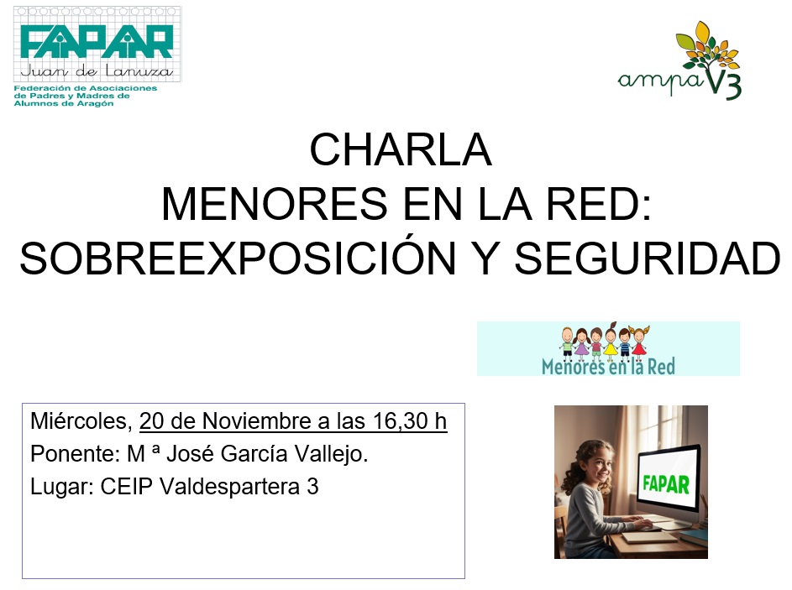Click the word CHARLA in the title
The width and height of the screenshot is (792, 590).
point(401,150)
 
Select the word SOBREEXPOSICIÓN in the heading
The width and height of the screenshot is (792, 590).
point(238,258)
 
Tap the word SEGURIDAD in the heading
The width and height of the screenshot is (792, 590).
point(648,259)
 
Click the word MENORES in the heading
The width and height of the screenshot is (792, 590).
point(275,204)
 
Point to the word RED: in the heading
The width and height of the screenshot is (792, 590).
point(600,204)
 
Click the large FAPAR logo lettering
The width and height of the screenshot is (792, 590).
point(97,42)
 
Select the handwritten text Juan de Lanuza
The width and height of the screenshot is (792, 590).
point(97,71)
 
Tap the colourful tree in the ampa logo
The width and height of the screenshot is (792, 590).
point(707,47)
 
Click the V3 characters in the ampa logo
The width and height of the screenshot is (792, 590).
point(723,84)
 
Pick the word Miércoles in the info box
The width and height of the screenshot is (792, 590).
point(81,421)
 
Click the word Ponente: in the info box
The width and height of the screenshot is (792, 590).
point(74,454)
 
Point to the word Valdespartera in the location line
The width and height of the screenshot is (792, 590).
point(230,487)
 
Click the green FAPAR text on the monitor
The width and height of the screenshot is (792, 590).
point(666,484)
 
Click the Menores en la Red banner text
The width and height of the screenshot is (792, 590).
point(608,367)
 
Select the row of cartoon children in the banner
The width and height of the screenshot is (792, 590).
point(605,342)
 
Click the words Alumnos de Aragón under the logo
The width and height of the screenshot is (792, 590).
point(64,104)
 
